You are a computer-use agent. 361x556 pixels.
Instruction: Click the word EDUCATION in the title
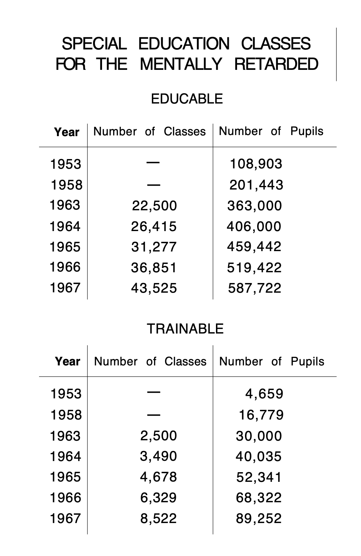[x=183, y=44]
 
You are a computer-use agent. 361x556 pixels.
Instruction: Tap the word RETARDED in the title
[x=276, y=64]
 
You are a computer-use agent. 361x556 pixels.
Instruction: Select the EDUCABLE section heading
[x=187, y=99]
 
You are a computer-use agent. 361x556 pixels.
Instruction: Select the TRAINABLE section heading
[x=185, y=329]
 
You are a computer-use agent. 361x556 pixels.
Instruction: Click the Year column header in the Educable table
[x=67, y=132]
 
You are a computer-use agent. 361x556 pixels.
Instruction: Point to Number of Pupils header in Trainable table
[x=271, y=361]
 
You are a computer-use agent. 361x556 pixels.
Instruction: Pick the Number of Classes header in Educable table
[x=149, y=131]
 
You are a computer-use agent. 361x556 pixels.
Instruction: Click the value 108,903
[x=256, y=164]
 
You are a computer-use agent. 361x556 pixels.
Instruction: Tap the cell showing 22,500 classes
[x=154, y=206]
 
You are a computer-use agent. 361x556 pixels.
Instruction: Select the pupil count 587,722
[x=255, y=288]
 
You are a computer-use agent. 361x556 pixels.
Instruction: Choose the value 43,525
[x=154, y=288]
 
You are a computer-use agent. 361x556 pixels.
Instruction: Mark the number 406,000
[x=254, y=226]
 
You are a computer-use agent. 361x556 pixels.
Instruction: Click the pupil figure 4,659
[x=264, y=394]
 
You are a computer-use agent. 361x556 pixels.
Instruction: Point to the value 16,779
[x=261, y=415]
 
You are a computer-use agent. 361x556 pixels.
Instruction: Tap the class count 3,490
[x=158, y=456]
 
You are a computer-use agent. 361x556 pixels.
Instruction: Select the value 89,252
[x=259, y=518]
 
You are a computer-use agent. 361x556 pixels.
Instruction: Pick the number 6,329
[x=158, y=498]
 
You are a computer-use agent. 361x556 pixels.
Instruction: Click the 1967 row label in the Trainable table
[x=66, y=518]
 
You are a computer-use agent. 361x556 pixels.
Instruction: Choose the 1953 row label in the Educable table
[x=66, y=164]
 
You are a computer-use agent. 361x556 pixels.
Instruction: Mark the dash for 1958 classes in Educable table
[x=153, y=185]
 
